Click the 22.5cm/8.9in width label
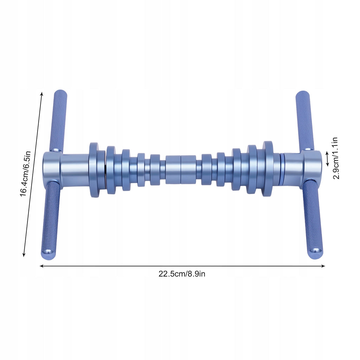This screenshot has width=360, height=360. click(182, 274)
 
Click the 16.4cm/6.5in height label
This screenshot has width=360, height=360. click(25, 174)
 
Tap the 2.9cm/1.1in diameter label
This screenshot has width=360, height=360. click(335, 158)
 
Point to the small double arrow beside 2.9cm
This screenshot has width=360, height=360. click(327, 159)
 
